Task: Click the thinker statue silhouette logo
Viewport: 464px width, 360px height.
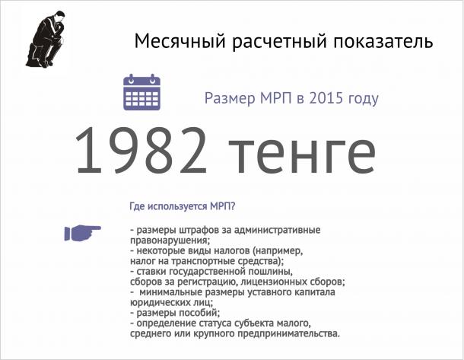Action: [46, 40]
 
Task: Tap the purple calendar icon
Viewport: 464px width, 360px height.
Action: [141, 92]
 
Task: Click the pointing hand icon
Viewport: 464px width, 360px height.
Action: [83, 233]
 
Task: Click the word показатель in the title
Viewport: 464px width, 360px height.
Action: [383, 41]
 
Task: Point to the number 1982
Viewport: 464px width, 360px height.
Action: [141, 151]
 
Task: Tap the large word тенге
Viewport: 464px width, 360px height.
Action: [302, 155]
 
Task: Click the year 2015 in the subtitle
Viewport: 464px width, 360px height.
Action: [326, 98]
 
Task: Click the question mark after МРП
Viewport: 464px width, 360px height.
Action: [232, 206]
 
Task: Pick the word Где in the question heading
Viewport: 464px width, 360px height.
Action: [137, 206]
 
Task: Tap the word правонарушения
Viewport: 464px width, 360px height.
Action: [170, 240]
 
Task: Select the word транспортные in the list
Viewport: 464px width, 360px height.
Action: [204, 261]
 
